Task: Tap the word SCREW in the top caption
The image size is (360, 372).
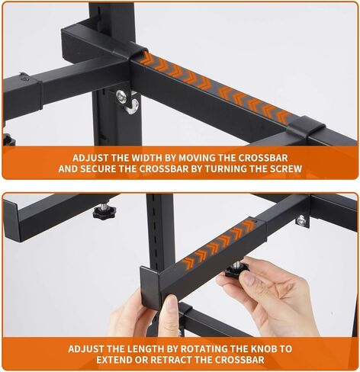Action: click(286, 168)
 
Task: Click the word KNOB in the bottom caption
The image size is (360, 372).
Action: click(264, 349)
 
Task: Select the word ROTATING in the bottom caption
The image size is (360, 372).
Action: click(204, 349)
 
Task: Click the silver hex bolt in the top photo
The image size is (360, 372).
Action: click(121, 97)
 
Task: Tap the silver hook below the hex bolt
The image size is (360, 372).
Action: click(132, 107)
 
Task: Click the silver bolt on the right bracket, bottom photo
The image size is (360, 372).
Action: click(302, 220)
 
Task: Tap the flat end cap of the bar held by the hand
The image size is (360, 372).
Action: click(151, 287)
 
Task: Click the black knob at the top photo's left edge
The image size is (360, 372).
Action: click(8, 139)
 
